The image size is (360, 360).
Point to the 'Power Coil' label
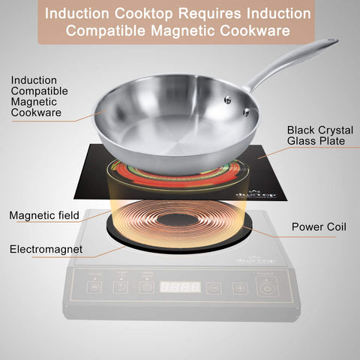pyautogui.click(x=319, y=225)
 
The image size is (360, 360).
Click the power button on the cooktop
pyautogui.click(x=266, y=286)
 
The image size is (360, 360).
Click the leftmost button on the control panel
pyautogui.click(x=94, y=287)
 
